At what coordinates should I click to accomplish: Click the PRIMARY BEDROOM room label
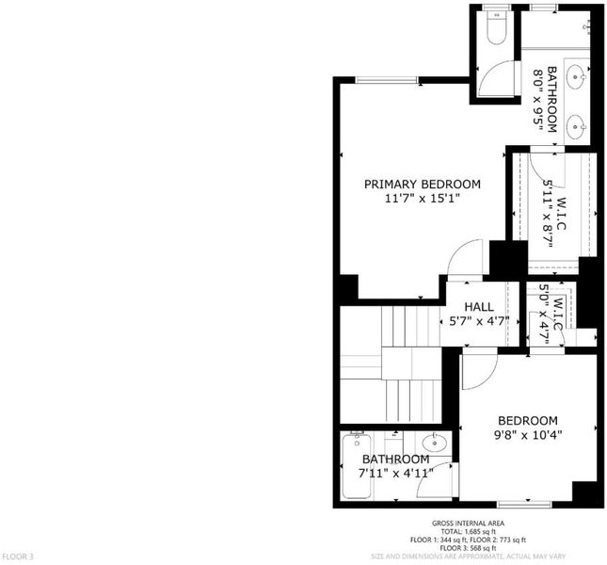click(423, 185)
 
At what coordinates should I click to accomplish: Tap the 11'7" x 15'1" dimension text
click(423, 199)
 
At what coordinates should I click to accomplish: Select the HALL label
click(479, 307)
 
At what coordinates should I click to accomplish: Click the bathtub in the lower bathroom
click(356, 465)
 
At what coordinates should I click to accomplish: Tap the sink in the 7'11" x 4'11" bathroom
click(435, 443)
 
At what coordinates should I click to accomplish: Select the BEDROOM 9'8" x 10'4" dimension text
click(528, 435)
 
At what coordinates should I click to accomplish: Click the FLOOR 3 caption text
click(18, 557)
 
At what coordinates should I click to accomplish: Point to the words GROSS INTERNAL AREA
click(468, 524)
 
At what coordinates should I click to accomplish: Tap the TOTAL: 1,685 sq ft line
click(468, 532)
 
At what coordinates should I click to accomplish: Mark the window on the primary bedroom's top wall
click(387, 80)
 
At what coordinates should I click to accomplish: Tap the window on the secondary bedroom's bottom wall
click(524, 504)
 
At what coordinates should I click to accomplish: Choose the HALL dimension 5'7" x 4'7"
click(479, 321)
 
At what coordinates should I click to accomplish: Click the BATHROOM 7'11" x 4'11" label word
click(395, 460)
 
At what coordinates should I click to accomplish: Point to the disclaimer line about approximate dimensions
click(468, 557)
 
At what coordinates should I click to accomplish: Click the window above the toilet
click(498, 8)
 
